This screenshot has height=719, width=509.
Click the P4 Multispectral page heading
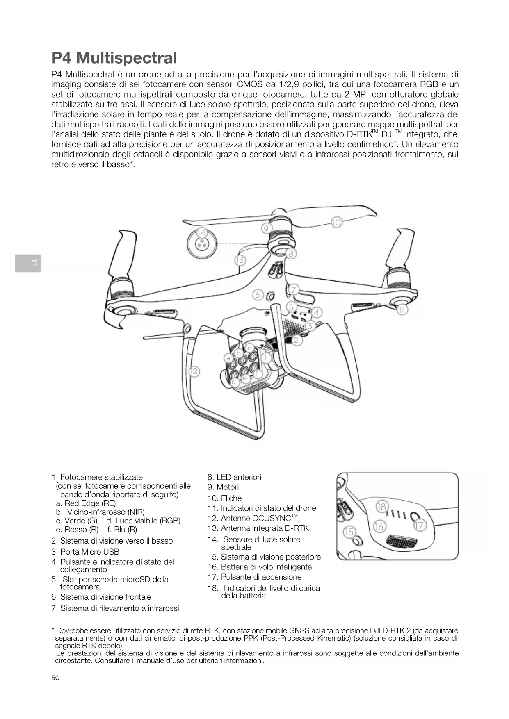[114, 58]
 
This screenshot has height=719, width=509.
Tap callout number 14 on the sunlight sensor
[201, 233]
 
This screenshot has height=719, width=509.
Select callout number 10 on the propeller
[336, 223]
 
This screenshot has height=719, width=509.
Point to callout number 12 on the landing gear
[193, 372]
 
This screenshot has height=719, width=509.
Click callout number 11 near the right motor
[402, 310]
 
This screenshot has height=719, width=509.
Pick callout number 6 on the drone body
[258, 295]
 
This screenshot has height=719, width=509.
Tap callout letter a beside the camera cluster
[228, 358]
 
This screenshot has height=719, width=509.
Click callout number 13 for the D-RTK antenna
[240, 260]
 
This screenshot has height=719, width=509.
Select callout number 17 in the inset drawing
[420, 526]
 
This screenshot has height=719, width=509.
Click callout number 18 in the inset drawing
[381, 506]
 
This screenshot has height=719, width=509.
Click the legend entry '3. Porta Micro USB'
[85, 552]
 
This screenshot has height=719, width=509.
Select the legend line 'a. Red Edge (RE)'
[86, 503]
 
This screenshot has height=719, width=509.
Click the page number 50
[55, 678]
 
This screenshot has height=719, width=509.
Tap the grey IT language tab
[28, 263]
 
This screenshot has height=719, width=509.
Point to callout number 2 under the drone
[297, 340]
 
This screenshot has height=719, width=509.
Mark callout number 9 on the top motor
[266, 228]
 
